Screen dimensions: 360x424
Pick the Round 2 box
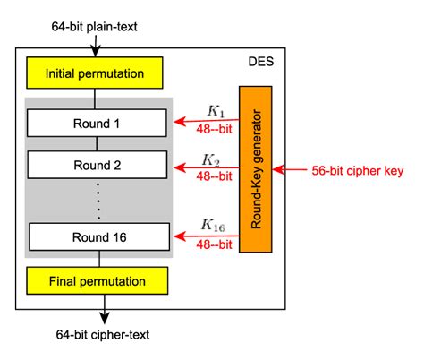(x=98, y=165)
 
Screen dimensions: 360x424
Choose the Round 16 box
(x=98, y=236)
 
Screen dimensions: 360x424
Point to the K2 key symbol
(x=211, y=159)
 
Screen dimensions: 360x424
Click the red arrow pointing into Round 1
(x=205, y=120)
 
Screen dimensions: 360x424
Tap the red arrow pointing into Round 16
(x=205, y=236)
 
